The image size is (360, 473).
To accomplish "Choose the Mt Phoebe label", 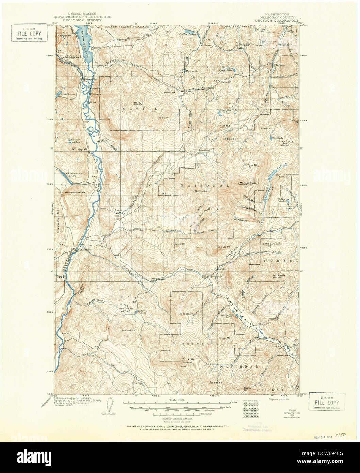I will [201, 190].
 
